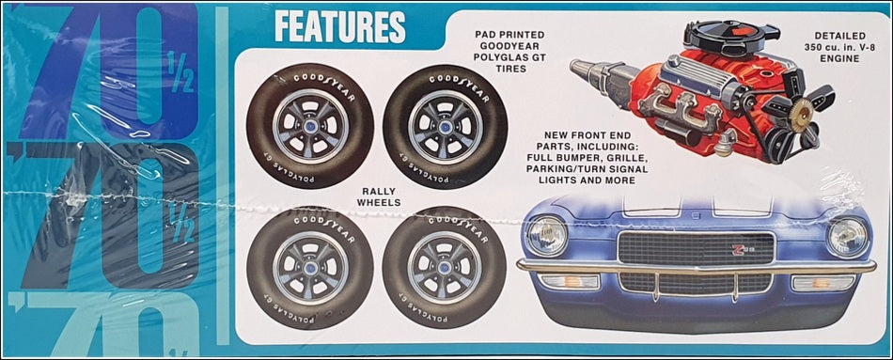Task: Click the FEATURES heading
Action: pos(339,26)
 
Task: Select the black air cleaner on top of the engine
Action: pos(725,39)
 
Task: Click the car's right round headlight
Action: pos(848,235)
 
